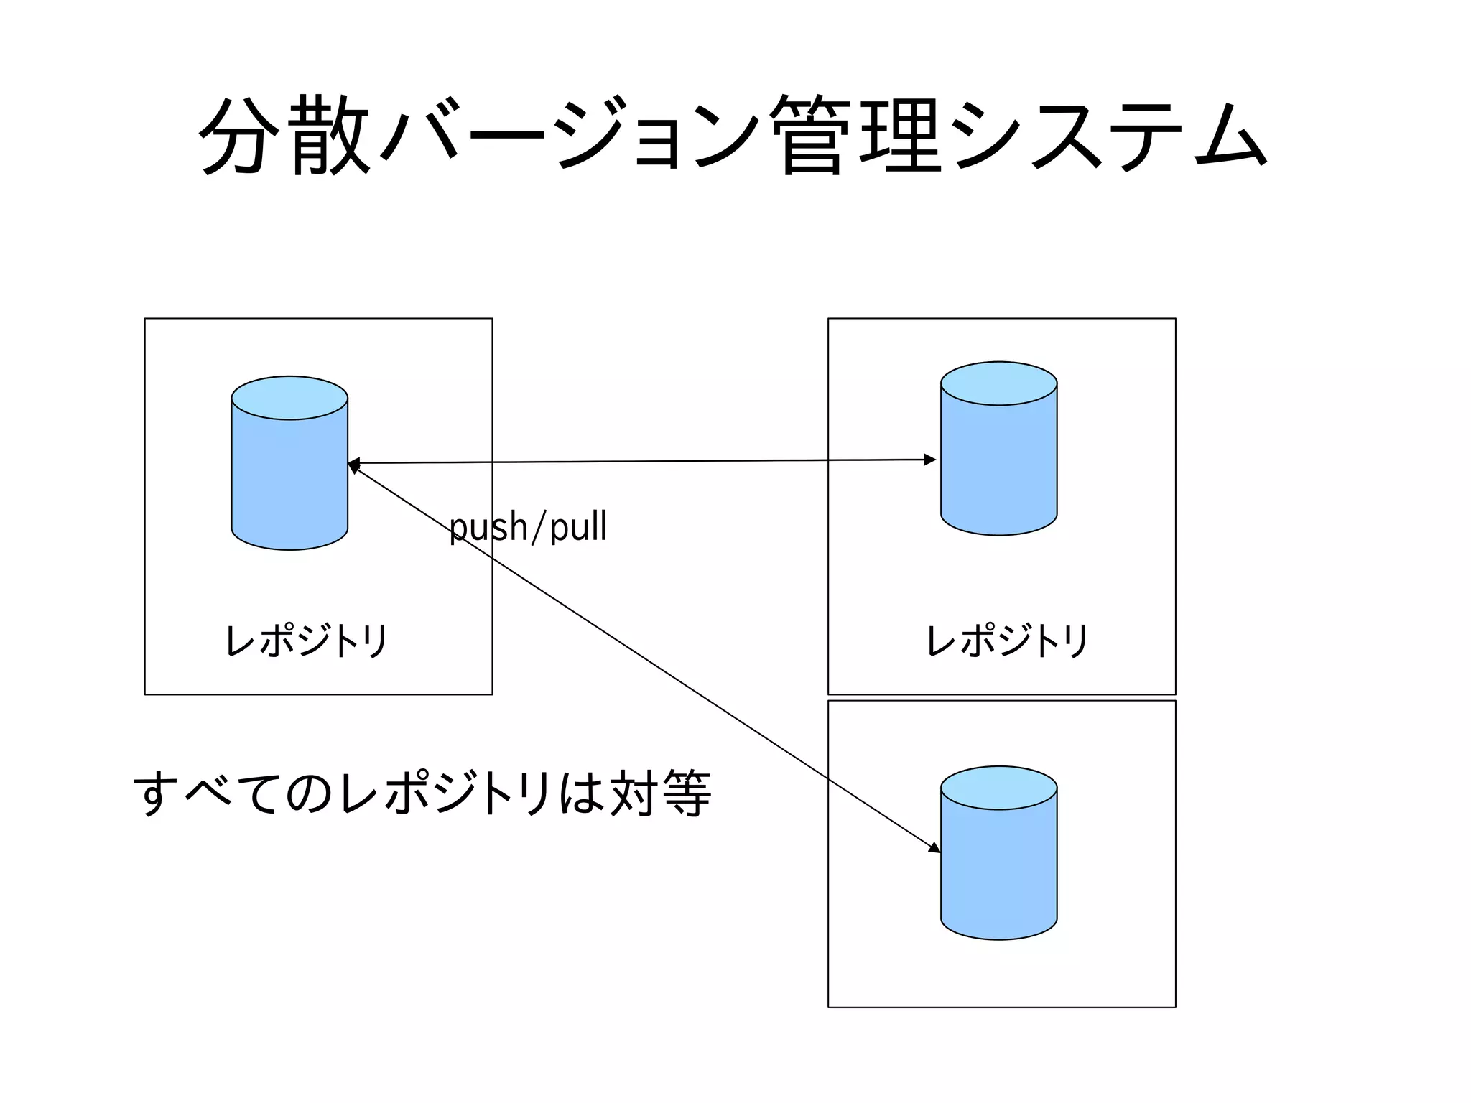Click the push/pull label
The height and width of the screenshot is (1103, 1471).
click(x=528, y=526)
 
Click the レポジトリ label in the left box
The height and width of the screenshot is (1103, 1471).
click(x=307, y=640)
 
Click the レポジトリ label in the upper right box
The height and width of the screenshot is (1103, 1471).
click(x=1008, y=640)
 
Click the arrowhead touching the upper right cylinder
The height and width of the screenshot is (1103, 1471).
click(x=930, y=460)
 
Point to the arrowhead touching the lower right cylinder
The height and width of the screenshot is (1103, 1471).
click(x=934, y=848)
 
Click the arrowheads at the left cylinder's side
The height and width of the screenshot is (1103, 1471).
click(x=353, y=465)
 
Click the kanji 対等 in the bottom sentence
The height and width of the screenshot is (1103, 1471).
click(x=659, y=793)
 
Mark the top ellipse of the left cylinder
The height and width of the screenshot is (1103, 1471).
click(x=289, y=398)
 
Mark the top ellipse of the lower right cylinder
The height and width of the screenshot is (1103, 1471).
click(x=998, y=788)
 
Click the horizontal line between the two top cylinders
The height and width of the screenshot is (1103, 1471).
click(x=646, y=461)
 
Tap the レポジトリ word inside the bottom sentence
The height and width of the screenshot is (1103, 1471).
click(x=445, y=793)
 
